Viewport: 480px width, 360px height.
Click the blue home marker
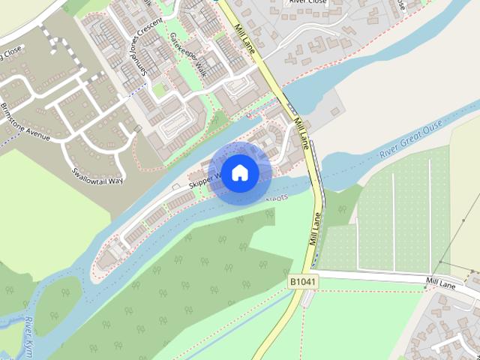[239, 172]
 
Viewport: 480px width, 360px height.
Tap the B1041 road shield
[304, 281]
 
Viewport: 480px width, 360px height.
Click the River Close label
[307, 2]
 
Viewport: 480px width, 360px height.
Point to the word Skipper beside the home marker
[202, 181]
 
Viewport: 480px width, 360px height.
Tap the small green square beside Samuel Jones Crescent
[159, 90]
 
